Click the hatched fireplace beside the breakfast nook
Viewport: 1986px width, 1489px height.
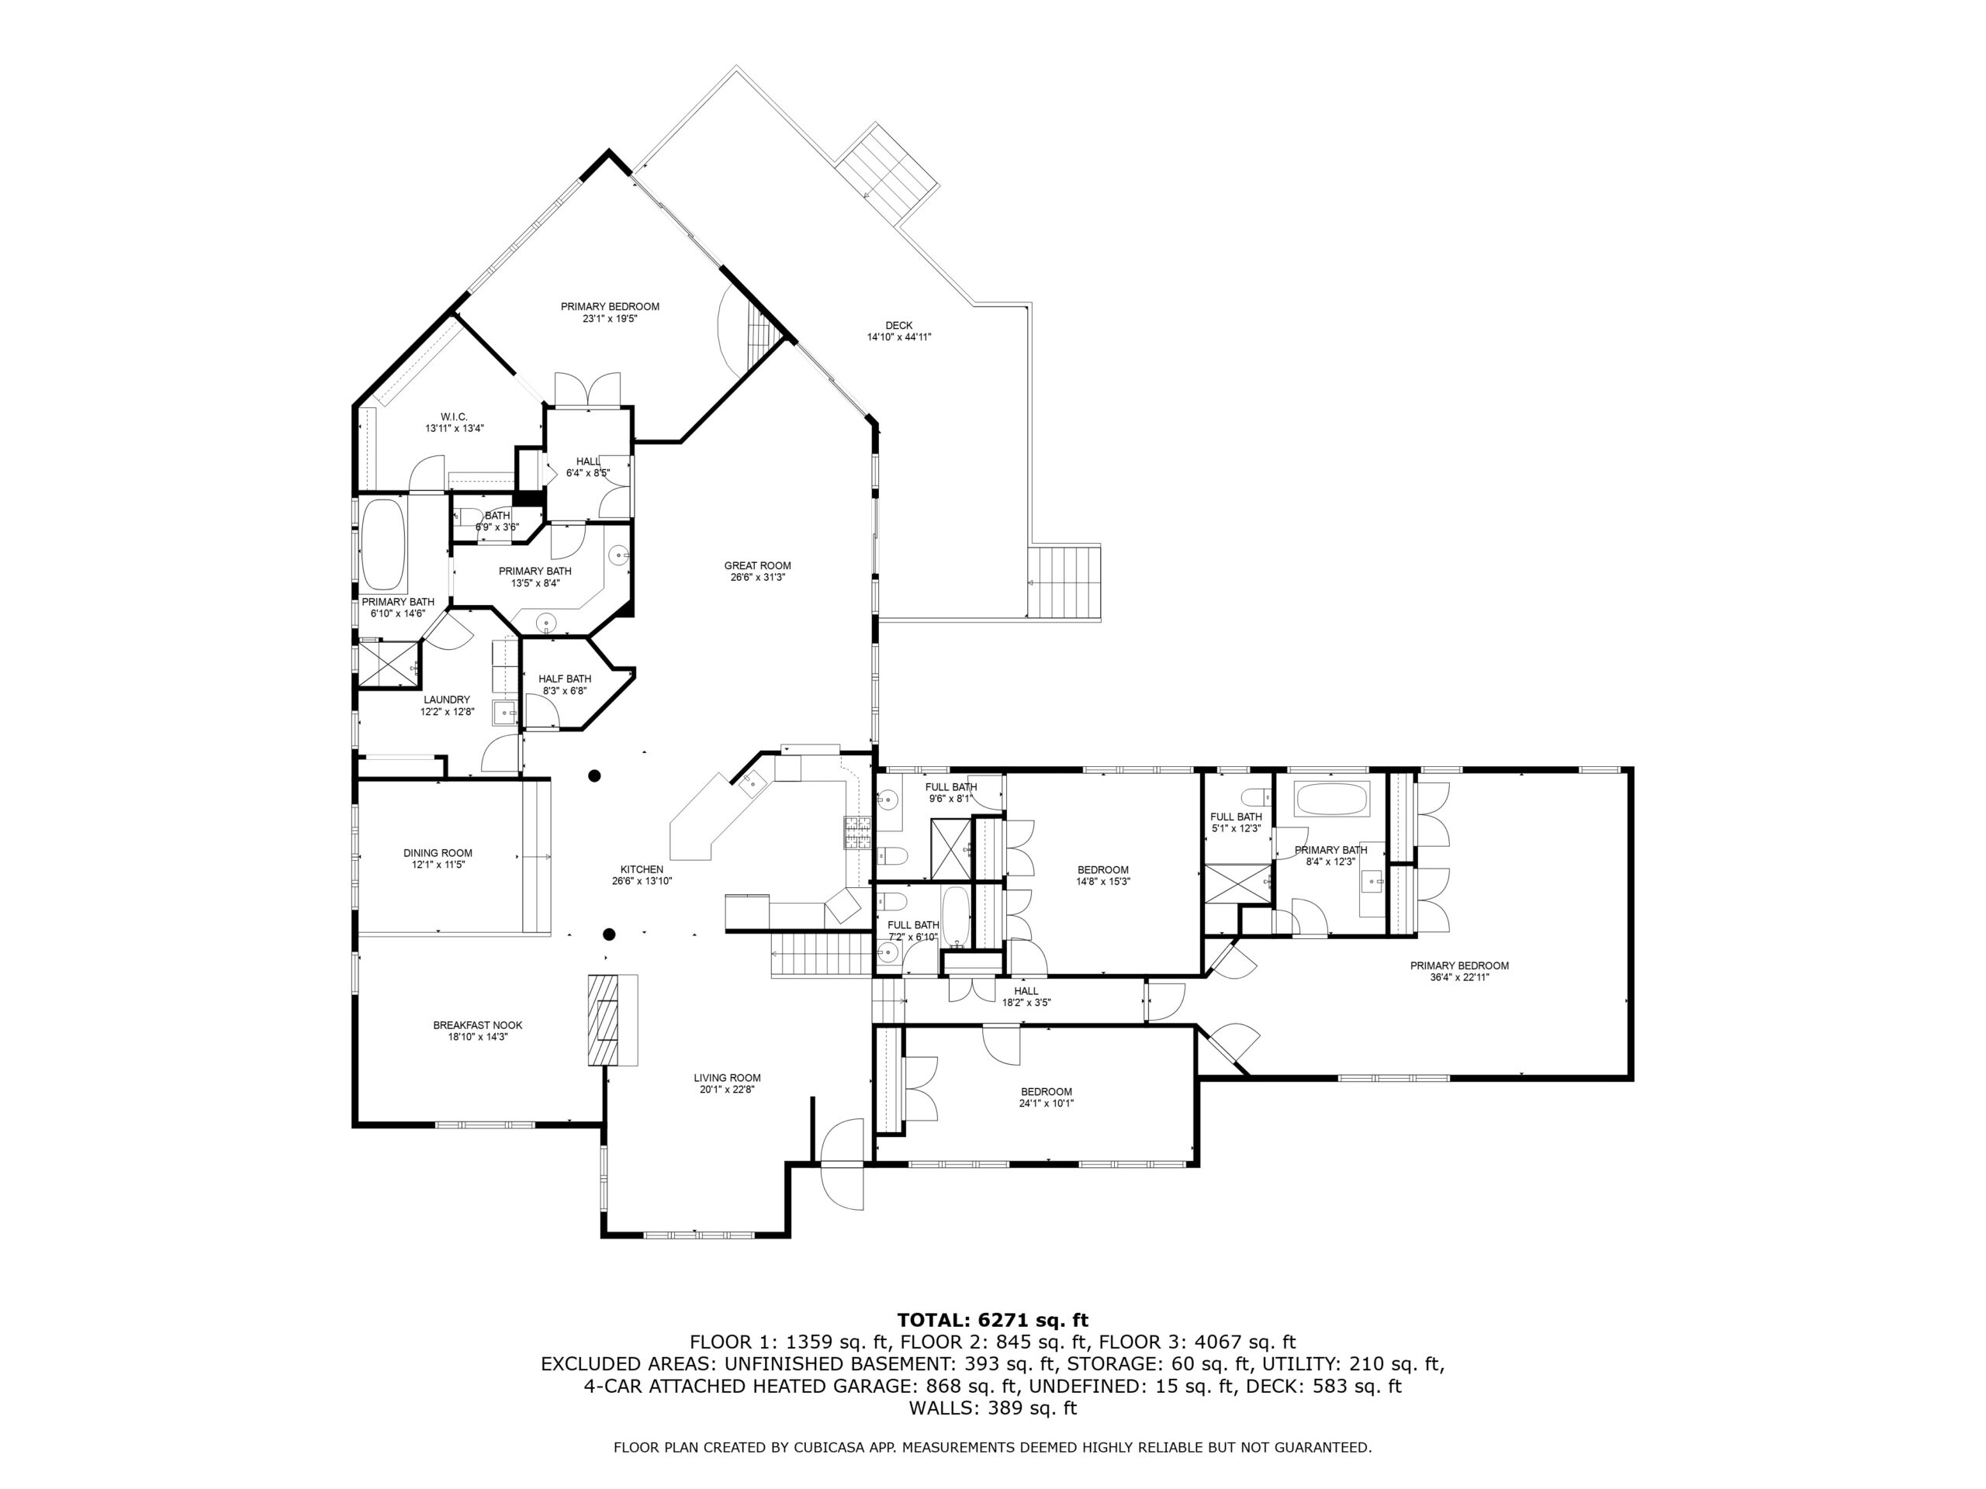click(604, 1020)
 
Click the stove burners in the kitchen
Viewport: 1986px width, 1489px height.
click(856, 834)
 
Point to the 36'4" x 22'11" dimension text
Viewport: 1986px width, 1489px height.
click(1460, 977)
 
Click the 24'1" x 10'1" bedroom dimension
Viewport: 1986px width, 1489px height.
click(1046, 1103)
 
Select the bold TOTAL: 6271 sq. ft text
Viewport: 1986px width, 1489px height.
click(993, 1320)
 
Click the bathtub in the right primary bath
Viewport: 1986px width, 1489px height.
click(1332, 799)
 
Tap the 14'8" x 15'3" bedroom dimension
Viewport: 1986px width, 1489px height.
click(1103, 881)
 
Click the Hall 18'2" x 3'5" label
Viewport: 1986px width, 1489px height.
click(1026, 997)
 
